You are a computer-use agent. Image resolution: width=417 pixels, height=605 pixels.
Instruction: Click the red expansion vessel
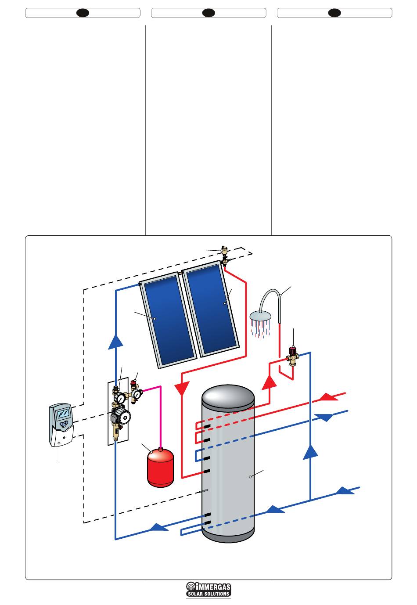click(x=160, y=468)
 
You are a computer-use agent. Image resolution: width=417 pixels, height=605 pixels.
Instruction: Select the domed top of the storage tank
click(x=228, y=395)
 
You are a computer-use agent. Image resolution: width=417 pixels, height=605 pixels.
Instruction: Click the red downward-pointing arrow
click(x=182, y=388)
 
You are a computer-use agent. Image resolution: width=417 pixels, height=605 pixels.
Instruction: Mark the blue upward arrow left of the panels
click(x=116, y=341)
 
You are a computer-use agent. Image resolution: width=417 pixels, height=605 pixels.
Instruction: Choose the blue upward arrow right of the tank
click(x=310, y=452)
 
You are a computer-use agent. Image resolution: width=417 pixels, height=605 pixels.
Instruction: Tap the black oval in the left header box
click(x=83, y=13)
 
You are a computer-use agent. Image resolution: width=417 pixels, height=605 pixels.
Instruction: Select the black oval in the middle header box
click(x=208, y=13)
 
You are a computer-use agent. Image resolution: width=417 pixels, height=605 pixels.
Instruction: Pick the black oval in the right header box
click(x=334, y=13)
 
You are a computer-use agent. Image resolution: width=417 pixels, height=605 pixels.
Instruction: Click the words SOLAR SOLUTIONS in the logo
click(x=208, y=594)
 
